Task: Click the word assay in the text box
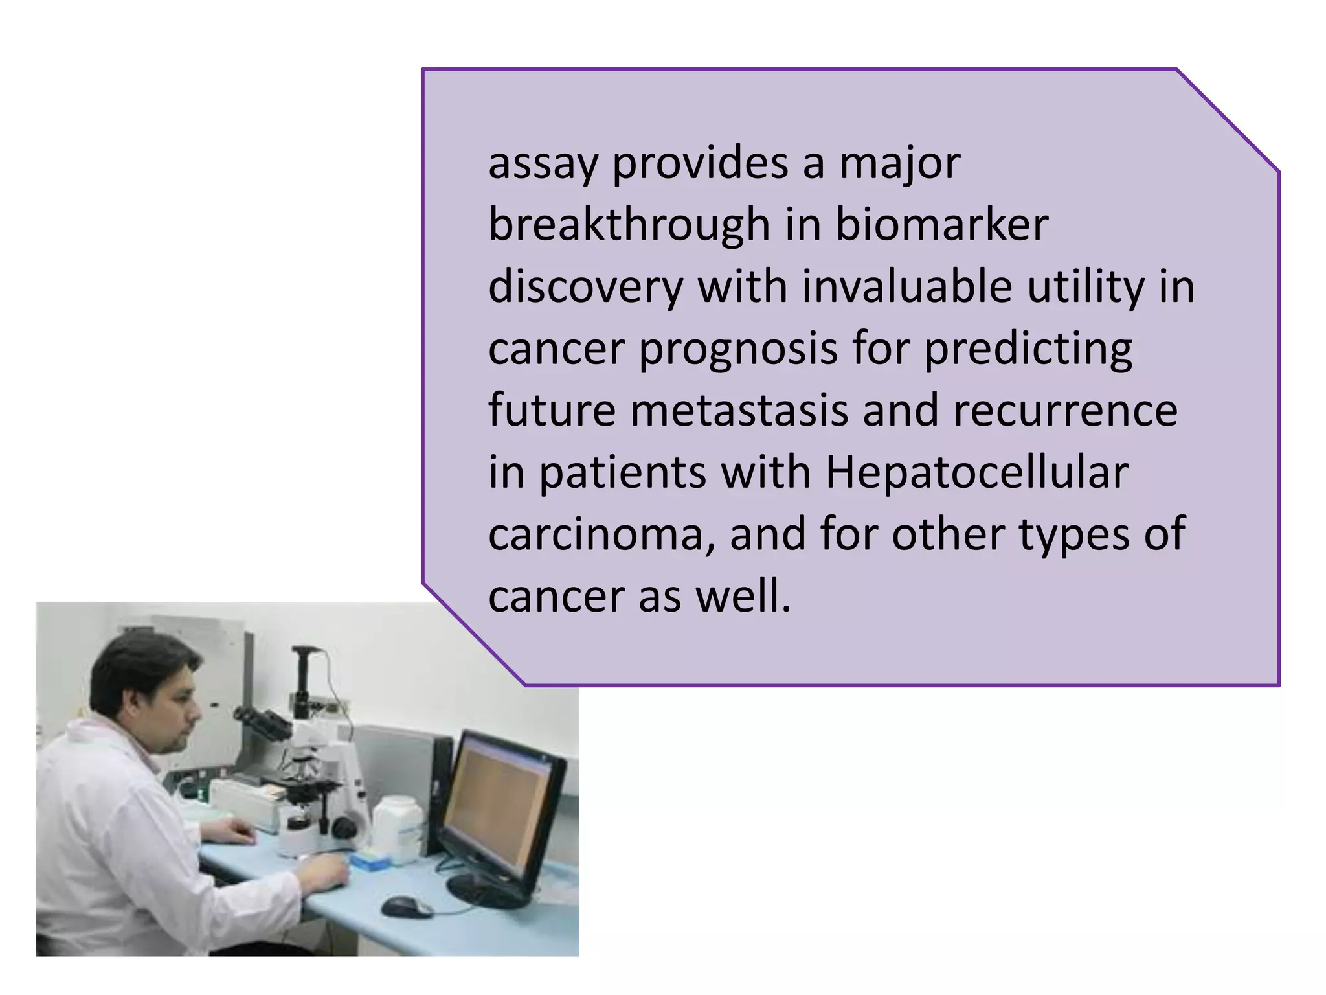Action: [x=542, y=164]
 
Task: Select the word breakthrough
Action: [x=629, y=225]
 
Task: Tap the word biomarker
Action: [x=941, y=225]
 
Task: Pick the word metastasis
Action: [x=739, y=411]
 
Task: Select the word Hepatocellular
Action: [x=976, y=472]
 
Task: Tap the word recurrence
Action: [x=1065, y=411]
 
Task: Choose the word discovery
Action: [x=585, y=286]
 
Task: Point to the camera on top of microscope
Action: [x=304, y=674]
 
